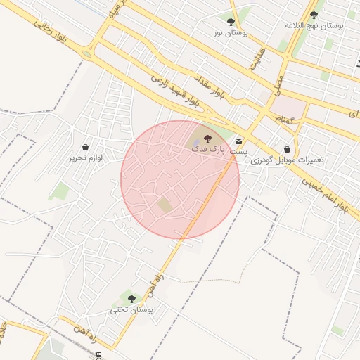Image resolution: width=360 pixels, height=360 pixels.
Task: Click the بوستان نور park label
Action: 231,33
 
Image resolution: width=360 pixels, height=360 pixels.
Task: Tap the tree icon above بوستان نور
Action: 231,22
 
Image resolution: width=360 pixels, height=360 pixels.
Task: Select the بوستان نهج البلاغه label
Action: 314,25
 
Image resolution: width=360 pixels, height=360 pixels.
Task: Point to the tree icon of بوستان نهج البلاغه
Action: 314,14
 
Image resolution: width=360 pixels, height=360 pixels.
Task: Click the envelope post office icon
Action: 239,141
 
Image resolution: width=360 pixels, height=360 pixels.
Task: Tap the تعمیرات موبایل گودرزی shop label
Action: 288,160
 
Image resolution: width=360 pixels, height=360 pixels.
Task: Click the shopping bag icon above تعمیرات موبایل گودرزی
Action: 288,149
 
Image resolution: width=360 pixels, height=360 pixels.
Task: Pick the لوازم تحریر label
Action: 86,158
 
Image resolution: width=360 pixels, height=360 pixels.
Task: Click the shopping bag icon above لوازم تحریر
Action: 86,148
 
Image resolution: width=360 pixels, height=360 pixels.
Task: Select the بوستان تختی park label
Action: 131,309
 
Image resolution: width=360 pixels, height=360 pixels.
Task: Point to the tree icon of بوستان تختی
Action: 131,299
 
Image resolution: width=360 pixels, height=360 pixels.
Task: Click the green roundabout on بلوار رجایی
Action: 86,53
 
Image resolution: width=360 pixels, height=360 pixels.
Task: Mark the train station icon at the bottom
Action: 98,354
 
